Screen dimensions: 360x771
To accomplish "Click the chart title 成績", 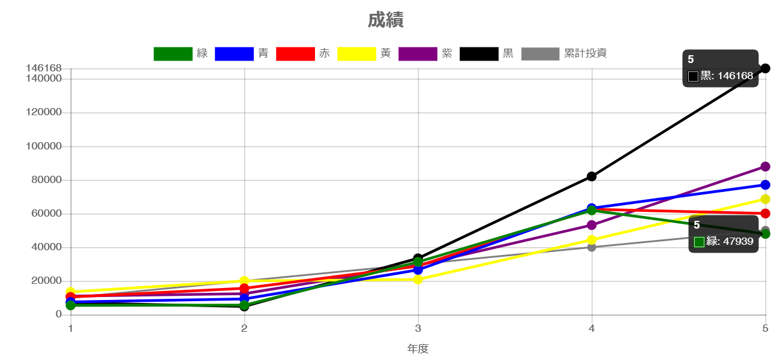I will pos(385,20).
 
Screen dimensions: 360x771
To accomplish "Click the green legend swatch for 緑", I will pos(173,54).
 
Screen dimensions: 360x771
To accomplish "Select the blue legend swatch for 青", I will pos(234,54).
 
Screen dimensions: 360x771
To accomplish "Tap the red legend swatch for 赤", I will pos(295,54).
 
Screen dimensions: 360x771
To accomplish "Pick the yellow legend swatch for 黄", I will pos(356,54).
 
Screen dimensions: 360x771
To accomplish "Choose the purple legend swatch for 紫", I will pos(418,54).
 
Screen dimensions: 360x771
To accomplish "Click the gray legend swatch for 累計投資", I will pos(540,54).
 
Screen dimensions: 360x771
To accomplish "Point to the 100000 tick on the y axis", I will pos(44,146).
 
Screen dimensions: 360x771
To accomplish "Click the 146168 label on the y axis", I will pos(44,68).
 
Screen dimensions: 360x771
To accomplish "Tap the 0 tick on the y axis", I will pos(59,314).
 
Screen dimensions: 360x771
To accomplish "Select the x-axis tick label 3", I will pos(418,329).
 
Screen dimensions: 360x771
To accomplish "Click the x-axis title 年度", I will pos(418,349).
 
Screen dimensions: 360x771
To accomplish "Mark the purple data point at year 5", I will pos(765,166).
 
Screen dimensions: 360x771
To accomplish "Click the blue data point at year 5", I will pos(765,185).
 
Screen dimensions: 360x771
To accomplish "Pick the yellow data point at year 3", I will pos(418,279).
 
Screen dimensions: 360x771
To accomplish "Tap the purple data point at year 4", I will pos(592,225).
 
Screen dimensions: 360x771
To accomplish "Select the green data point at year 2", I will pos(244,305).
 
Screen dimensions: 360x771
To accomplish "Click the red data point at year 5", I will pos(765,213).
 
